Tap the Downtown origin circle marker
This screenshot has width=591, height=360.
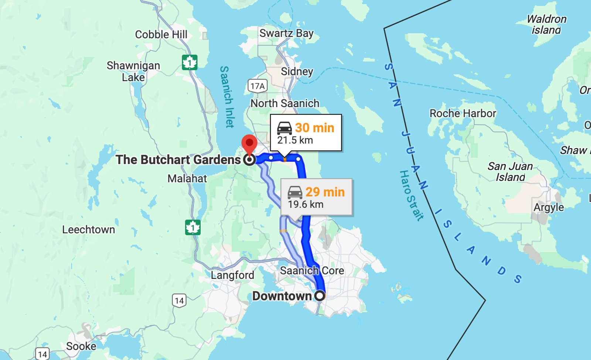point(320,296)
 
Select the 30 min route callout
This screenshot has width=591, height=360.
point(306,133)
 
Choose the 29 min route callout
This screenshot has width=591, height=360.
point(317,197)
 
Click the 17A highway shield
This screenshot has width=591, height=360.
point(257,86)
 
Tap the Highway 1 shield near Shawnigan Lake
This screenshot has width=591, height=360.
point(189,62)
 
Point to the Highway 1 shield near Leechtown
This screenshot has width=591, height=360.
point(193,227)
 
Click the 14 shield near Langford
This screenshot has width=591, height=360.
point(179,301)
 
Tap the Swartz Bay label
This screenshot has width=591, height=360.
point(286,33)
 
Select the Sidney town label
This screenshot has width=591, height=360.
point(297,71)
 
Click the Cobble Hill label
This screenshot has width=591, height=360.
point(161,34)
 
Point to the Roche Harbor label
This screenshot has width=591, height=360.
point(463,113)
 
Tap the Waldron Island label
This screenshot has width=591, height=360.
point(546,24)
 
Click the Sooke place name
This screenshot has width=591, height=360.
point(81,346)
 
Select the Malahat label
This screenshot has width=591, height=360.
point(187,178)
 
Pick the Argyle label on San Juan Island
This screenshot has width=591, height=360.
point(549,207)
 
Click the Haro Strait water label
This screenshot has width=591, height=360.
point(411,196)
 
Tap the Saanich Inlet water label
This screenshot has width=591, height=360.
point(227,97)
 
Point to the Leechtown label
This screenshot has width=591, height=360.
point(89,229)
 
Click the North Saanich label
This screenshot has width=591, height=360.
point(285,103)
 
